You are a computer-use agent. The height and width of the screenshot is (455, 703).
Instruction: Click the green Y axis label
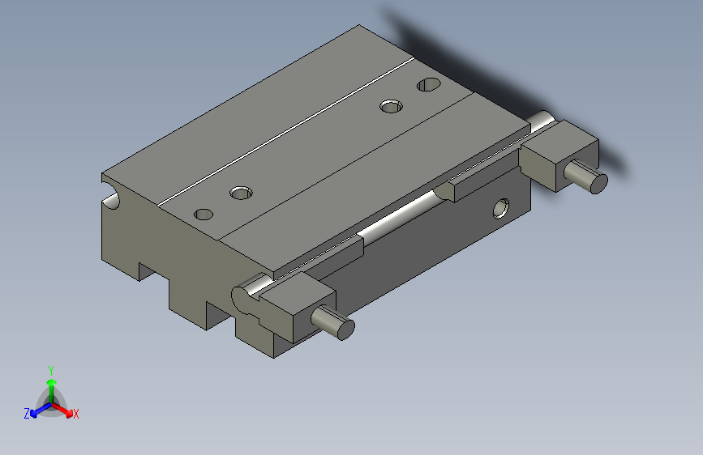pyautogui.click(x=50, y=368)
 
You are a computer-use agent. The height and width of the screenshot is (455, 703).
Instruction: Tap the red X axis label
pyautogui.click(x=76, y=414)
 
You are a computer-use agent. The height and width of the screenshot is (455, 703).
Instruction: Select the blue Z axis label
pyautogui.click(x=27, y=413)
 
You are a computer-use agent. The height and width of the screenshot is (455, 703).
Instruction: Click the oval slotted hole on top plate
pyautogui.click(x=428, y=84)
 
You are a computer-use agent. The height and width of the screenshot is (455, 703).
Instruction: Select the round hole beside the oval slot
pyautogui.click(x=392, y=105)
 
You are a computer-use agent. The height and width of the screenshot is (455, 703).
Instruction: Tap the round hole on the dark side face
pyautogui.click(x=503, y=209)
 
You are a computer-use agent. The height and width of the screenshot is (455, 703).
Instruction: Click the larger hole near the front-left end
pyautogui.click(x=241, y=193)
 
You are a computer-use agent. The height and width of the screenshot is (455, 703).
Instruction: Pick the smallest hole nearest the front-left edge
pyautogui.click(x=204, y=214)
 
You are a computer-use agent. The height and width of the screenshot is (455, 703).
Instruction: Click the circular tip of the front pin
pyautogui.click(x=345, y=329)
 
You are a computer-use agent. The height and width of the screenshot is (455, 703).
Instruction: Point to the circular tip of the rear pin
pyautogui.click(x=597, y=182)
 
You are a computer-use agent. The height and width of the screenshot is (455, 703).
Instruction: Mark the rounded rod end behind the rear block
pyautogui.click(x=542, y=121)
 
